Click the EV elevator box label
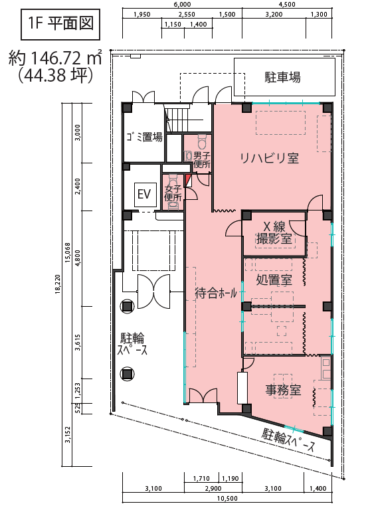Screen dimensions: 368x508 click(145, 195)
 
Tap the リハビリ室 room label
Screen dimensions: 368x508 click(269, 158)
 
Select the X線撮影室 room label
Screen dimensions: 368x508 click(274, 232)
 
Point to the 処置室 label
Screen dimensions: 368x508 click(274, 280)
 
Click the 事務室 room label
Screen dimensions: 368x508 click(283, 390)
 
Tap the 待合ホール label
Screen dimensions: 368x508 click(216, 294)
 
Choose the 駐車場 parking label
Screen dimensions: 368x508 click(283, 77)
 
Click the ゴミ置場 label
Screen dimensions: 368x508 click(145, 137)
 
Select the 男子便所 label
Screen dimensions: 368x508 click(202, 159)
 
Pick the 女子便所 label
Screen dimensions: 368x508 click(173, 193)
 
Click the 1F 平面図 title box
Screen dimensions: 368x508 click(60, 25)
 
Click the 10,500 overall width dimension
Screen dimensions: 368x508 click(227, 499)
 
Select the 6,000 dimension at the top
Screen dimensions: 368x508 click(183, 4)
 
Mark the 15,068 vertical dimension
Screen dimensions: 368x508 click(68, 252)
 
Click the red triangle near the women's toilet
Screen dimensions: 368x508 click(187, 181)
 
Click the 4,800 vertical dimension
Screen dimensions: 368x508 click(78, 258)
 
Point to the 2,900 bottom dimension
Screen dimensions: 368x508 click(213, 489)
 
